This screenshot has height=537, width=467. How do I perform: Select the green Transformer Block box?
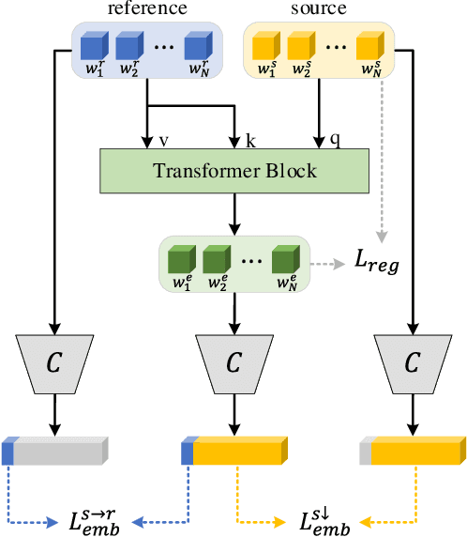[x=233, y=171]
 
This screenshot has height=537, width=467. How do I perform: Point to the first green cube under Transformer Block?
[x=179, y=259]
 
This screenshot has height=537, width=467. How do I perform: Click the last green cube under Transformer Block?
[x=286, y=259]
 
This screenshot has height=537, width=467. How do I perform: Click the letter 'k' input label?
[x=249, y=140]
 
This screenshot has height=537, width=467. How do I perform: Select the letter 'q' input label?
[x=335, y=140]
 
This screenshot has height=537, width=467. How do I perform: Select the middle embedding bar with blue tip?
[x=233, y=452]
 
